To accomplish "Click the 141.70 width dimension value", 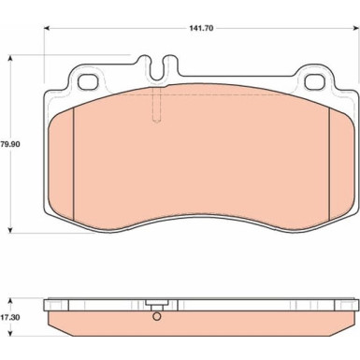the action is (201, 28).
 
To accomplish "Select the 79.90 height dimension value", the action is (10, 144).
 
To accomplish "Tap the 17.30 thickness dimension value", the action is (10, 318).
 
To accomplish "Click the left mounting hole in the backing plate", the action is (88, 82).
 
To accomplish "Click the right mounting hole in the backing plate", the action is (315, 82).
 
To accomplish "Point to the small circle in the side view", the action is (157, 317).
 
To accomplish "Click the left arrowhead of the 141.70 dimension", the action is (47, 28).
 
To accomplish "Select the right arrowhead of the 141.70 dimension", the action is (353, 28).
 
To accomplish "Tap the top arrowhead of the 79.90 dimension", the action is (10, 59).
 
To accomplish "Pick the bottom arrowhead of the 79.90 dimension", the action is (10, 230).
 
